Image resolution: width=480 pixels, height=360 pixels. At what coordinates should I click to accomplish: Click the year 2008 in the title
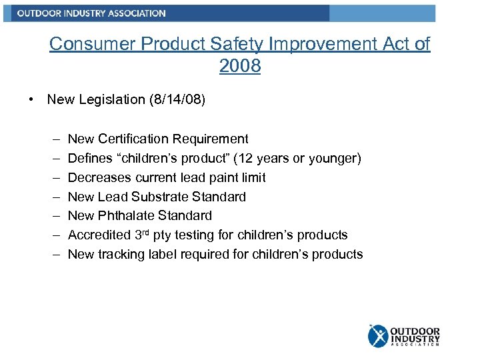(239, 66)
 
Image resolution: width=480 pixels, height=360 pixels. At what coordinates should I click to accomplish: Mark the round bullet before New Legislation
(31, 99)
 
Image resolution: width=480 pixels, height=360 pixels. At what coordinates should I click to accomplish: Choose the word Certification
(133, 139)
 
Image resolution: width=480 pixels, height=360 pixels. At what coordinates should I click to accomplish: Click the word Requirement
(210, 139)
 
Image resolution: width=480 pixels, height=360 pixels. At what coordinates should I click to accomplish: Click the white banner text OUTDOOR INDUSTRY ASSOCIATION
(91, 13)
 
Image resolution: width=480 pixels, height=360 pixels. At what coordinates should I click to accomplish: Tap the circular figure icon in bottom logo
(377, 335)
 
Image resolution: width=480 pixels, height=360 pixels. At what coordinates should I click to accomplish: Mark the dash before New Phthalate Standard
(53, 215)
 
